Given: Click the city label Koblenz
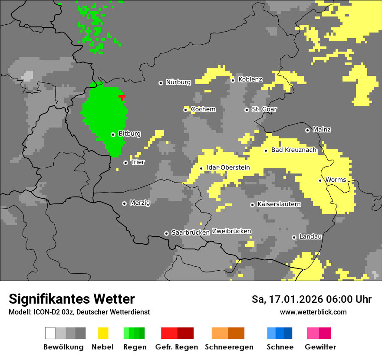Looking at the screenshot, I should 250,79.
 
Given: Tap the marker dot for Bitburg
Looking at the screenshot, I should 113,134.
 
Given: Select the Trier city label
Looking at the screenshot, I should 138,162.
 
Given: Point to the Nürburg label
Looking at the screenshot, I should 178,82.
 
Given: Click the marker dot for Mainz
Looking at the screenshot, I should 307,130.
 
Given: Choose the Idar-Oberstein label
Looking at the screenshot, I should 228,167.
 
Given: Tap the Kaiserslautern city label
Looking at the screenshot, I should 279,204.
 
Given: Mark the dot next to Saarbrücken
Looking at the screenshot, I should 166,233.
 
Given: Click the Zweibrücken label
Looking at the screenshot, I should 231,231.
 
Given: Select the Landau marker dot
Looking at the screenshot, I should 294,237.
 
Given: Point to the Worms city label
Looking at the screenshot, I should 336,180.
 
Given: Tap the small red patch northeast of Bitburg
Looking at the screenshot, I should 122,97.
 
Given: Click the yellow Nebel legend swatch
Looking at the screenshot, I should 103,333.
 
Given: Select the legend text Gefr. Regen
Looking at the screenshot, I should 177,347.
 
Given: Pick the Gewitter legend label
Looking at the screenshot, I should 320,347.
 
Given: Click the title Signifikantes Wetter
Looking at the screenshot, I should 72,299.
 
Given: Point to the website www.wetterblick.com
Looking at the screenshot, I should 313,312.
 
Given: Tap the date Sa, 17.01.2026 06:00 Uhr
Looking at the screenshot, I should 311,299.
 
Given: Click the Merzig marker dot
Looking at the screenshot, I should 124,203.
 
